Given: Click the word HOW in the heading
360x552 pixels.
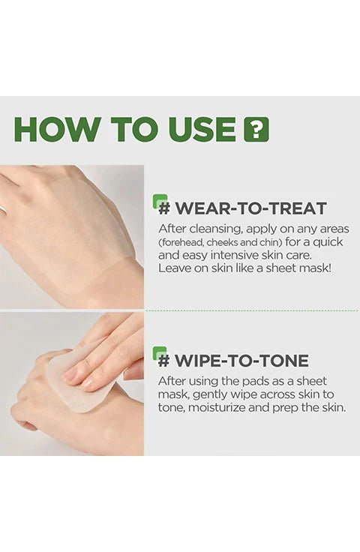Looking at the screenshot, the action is point(56,129).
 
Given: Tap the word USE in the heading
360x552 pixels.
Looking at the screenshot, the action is point(202,129).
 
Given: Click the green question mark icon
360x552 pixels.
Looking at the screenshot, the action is point(256,130).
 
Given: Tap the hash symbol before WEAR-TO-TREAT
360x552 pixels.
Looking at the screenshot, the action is point(164,208).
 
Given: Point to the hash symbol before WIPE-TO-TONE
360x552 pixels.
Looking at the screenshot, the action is point(164,361).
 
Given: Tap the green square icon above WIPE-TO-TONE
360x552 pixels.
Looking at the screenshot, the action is point(160,352).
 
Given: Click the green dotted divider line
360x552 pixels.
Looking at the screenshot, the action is point(251,310).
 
